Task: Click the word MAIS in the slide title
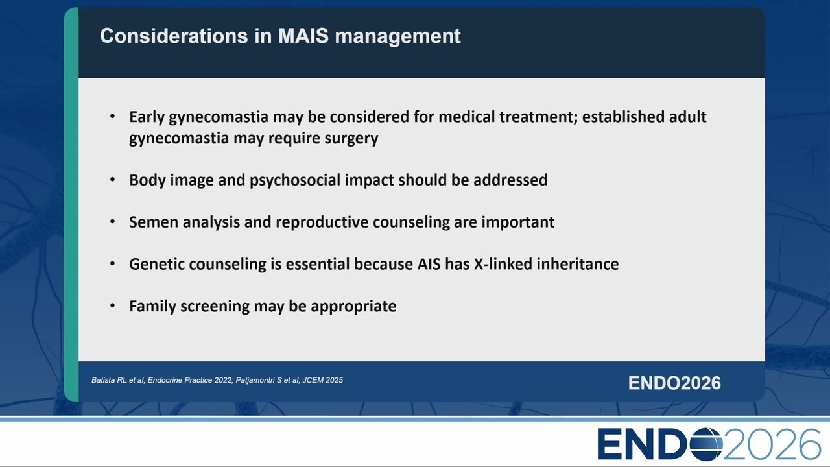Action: (x=303, y=36)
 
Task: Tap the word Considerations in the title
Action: (x=174, y=36)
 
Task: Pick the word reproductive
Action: (x=322, y=222)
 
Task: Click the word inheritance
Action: (x=578, y=264)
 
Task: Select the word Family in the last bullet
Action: (x=152, y=307)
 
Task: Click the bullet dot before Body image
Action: (x=113, y=180)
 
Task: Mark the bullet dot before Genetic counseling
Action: (x=113, y=264)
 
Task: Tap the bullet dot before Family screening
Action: (x=113, y=305)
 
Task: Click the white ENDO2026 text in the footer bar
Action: (x=674, y=383)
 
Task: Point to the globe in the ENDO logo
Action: (x=706, y=444)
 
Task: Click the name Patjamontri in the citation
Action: (x=255, y=381)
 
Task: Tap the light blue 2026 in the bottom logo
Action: (x=772, y=444)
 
